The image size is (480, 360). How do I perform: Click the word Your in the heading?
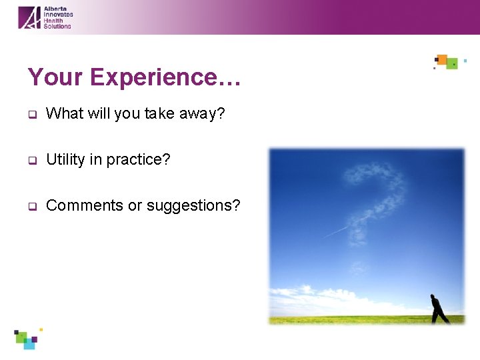click(56, 77)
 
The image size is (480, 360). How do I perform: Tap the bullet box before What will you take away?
click(31, 115)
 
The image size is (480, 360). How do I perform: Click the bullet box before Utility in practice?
click(31, 161)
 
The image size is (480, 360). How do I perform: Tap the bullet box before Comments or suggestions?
click(31, 207)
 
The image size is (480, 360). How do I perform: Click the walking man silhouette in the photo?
click(438, 309)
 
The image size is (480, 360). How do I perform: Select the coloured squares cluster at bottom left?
click(27, 338)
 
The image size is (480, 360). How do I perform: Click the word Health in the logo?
click(53, 20)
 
